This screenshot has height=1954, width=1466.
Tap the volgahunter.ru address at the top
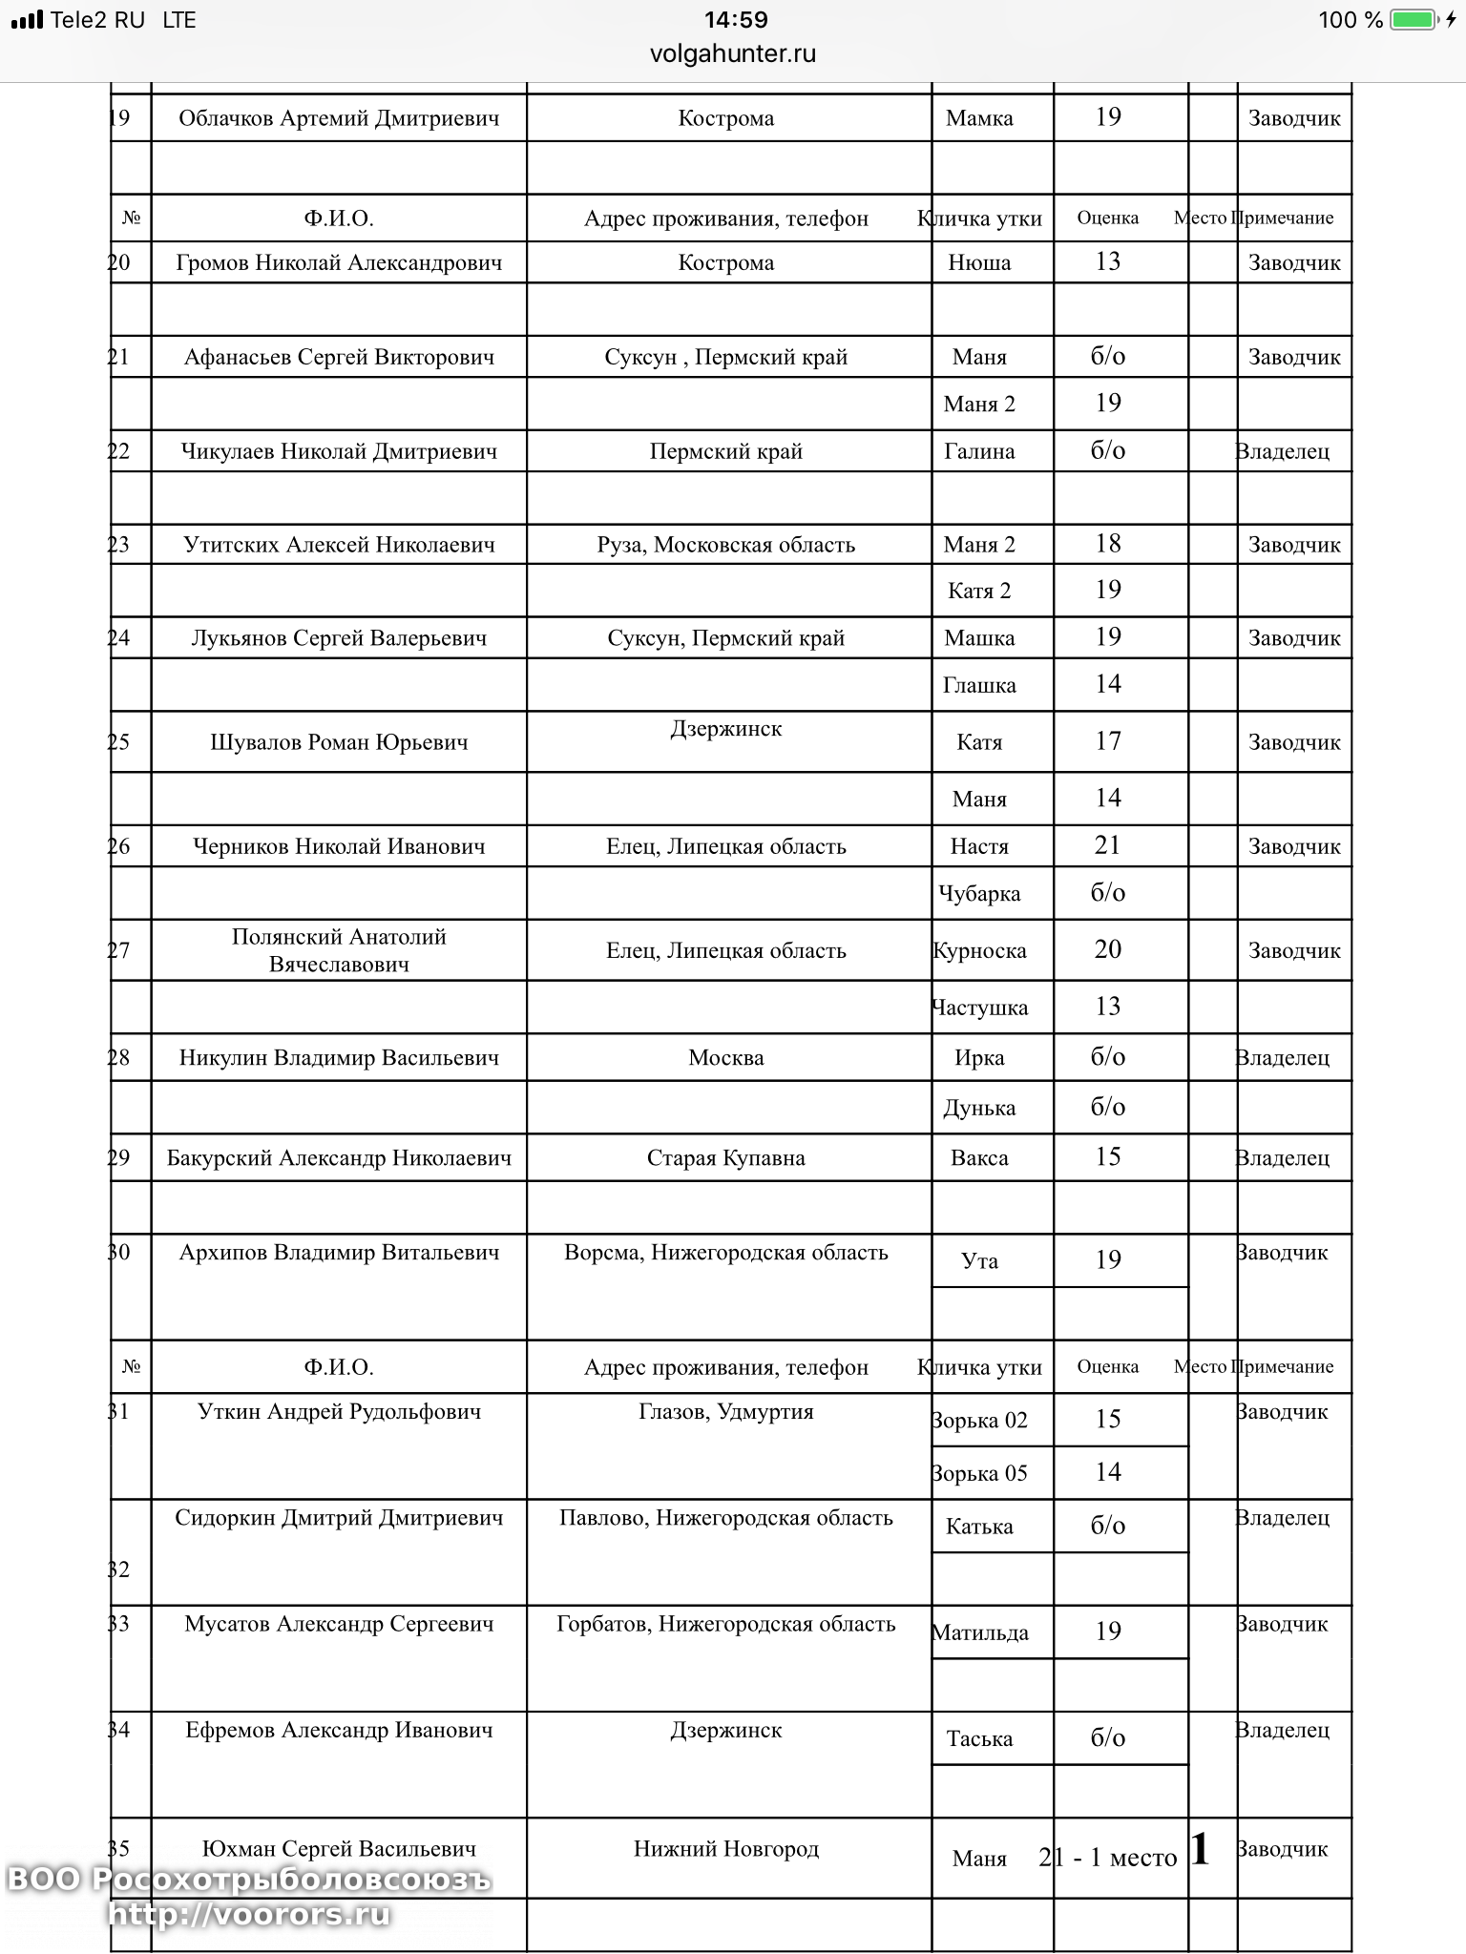(732, 53)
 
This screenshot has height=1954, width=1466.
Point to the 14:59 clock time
(736, 20)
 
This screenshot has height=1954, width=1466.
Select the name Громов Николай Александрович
(339, 262)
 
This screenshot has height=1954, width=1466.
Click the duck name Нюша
(979, 262)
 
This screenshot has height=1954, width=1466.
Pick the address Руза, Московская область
(725, 545)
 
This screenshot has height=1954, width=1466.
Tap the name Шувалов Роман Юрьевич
(339, 742)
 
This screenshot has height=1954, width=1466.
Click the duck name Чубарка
(979, 894)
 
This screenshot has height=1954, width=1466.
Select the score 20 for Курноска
(1107, 949)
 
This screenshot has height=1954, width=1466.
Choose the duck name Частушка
(979, 1008)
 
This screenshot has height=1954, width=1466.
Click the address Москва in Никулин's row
(725, 1057)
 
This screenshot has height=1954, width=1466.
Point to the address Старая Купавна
(725, 1157)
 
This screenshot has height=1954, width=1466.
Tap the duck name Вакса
(979, 1157)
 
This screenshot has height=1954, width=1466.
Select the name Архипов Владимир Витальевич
(339, 1252)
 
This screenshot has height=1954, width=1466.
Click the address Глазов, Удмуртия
(725, 1411)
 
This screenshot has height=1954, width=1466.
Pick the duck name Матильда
(979, 1632)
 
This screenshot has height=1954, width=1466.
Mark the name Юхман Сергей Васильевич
(339, 1848)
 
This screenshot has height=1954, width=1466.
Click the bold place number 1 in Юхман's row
(1201, 1850)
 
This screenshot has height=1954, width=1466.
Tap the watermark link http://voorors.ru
(249, 1914)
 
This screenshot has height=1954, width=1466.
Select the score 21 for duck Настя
(1107, 845)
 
